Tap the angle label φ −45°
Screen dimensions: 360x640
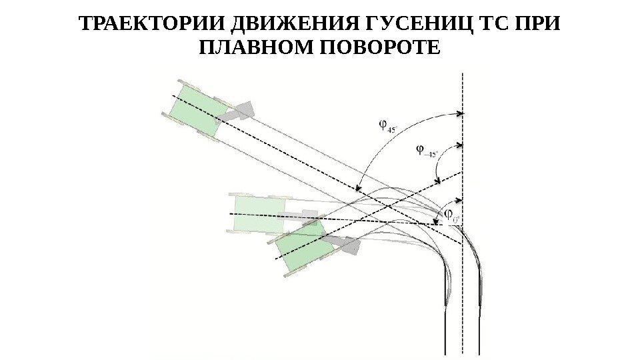pyautogui.click(x=425, y=151)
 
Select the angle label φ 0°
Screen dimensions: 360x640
pyautogui.click(x=452, y=215)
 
